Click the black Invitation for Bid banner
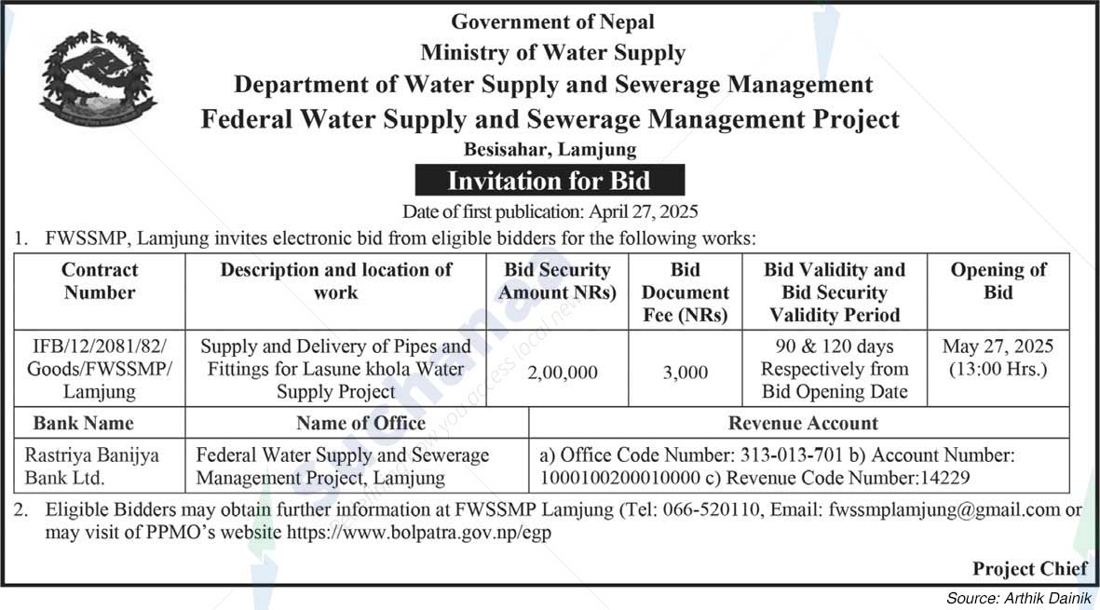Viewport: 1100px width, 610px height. click(x=550, y=180)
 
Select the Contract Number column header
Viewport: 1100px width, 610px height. click(x=100, y=281)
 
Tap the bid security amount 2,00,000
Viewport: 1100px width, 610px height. click(x=563, y=373)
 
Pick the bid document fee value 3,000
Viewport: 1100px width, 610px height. click(x=686, y=373)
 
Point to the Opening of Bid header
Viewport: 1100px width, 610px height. click(x=998, y=281)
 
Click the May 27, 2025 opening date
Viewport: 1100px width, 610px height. click(x=998, y=347)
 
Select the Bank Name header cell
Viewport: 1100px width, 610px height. click(x=84, y=423)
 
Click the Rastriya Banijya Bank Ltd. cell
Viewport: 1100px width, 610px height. click(x=91, y=468)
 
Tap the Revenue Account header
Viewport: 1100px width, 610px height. click(x=803, y=423)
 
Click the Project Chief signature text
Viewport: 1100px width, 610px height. click(x=1029, y=568)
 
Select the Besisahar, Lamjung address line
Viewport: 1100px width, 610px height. click(x=550, y=149)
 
